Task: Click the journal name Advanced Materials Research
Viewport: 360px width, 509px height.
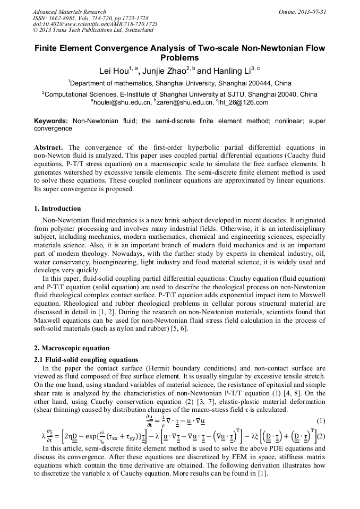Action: coord(70,12)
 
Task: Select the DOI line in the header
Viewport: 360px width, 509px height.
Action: coord(95,24)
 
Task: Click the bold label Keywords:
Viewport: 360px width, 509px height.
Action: coord(52,121)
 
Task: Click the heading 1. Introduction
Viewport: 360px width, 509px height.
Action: coord(57,208)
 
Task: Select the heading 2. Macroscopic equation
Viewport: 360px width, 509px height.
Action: coord(72,348)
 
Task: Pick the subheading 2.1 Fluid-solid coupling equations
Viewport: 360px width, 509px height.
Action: coord(86,360)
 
